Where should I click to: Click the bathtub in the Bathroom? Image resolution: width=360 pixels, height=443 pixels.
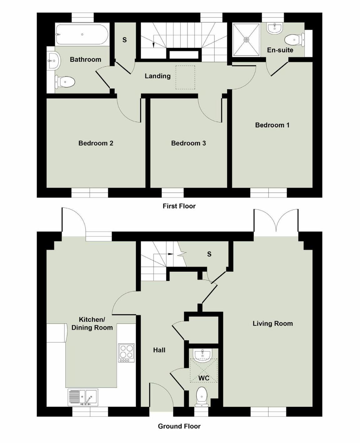coord(82,34)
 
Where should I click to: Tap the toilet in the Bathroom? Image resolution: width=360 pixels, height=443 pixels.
coord(65,82)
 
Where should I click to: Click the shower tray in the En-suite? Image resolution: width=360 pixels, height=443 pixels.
coord(246,40)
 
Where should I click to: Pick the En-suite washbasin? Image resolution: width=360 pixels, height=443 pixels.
coord(275,28)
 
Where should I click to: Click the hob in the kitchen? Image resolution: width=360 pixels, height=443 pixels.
coord(126,353)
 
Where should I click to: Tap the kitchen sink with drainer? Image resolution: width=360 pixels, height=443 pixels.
coord(83,397)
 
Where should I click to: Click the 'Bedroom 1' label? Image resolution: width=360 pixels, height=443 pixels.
coord(272,125)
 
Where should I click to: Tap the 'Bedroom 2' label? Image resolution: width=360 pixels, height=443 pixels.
coord(96,143)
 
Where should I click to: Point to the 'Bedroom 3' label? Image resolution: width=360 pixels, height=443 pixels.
coord(188,143)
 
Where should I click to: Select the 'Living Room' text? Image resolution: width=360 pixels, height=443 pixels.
coord(273,323)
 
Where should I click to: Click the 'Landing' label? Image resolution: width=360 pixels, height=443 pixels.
coord(157,76)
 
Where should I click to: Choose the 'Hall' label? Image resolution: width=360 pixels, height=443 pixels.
coord(159,350)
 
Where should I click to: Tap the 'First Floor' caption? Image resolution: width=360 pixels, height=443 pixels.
coord(179,206)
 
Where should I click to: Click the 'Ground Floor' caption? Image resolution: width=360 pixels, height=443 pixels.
coord(179,426)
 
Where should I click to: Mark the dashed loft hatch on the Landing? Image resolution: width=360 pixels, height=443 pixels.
coord(185,77)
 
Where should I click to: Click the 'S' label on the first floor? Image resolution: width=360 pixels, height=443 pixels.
coord(124,40)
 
